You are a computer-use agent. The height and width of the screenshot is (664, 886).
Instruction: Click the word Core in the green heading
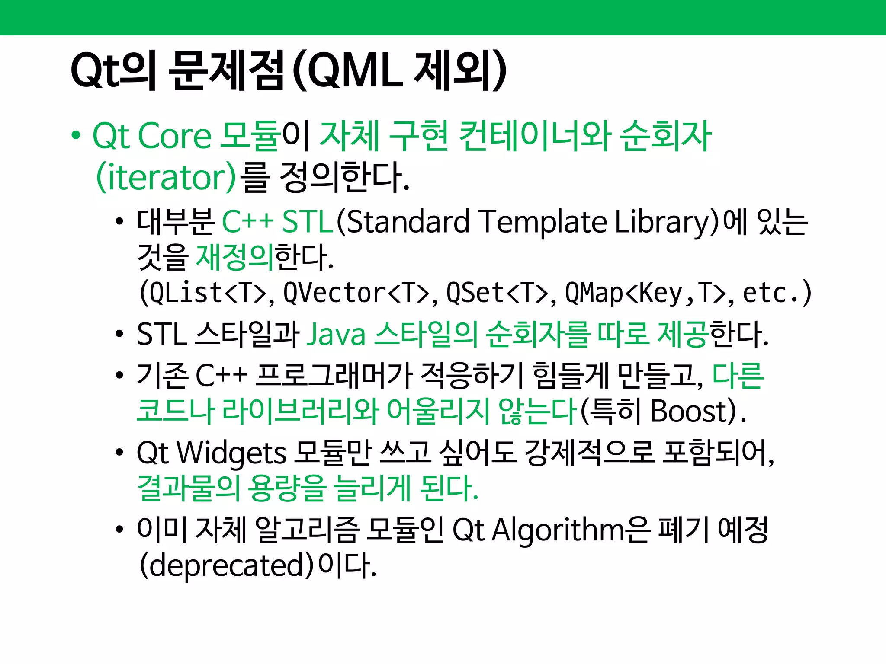[174, 136]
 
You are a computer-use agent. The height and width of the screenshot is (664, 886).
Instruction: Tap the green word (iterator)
[166, 177]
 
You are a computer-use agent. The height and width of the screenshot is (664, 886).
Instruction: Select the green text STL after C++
[307, 222]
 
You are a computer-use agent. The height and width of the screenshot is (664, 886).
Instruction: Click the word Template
[543, 222]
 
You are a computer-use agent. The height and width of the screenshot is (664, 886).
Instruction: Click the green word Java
[336, 335]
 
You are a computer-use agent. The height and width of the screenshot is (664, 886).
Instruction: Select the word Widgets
[232, 453]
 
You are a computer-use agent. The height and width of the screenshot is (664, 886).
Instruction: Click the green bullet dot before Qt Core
[76, 135]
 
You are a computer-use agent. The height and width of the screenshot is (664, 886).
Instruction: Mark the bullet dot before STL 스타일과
[119, 335]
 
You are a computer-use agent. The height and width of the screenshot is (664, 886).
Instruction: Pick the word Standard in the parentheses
[408, 222]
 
